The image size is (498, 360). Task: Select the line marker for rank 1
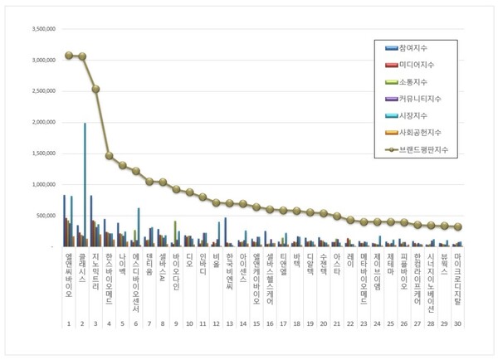pyautogui.click(x=69, y=56)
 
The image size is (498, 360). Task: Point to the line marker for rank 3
pyautogui.click(x=96, y=89)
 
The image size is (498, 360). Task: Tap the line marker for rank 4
pyautogui.click(x=110, y=155)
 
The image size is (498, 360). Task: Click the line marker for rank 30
pyautogui.click(x=457, y=226)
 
